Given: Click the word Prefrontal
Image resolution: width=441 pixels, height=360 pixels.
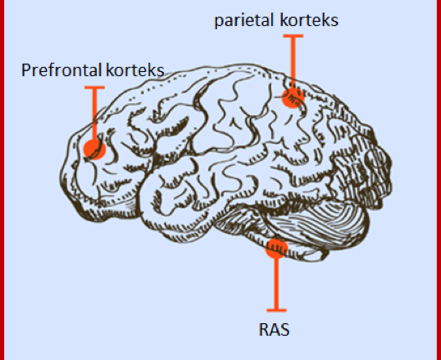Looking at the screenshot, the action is pyautogui.click(x=61, y=69).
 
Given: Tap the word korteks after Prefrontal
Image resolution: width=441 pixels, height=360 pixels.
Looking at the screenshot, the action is pyautogui.click(x=135, y=69).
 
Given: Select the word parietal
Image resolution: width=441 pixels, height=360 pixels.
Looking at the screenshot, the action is pyautogui.click(x=244, y=21).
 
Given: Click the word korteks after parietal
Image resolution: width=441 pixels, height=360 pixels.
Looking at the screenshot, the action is pyautogui.click(x=309, y=20).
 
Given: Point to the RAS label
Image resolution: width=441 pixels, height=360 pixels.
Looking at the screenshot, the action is pyautogui.click(x=274, y=329).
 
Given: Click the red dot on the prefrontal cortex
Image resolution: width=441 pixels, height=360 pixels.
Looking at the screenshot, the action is pyautogui.click(x=95, y=150).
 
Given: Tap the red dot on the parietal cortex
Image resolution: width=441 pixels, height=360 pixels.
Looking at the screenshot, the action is pyautogui.click(x=293, y=98).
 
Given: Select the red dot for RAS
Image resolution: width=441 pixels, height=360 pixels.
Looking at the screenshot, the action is pyautogui.click(x=277, y=249).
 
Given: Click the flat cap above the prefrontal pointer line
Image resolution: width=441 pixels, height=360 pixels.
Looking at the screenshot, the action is pyautogui.click(x=95, y=88).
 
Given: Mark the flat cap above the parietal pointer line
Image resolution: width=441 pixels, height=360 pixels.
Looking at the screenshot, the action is pyautogui.click(x=293, y=36).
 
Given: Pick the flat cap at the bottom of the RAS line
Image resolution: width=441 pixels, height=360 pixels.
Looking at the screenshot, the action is pyautogui.click(x=277, y=311).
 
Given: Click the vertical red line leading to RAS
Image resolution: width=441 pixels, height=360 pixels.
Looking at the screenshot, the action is pyautogui.click(x=277, y=283).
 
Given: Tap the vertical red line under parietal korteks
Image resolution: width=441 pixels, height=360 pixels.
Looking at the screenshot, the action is pyautogui.click(x=293, y=63).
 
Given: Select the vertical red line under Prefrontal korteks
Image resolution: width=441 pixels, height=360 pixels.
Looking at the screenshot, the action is pyautogui.click(x=95, y=114).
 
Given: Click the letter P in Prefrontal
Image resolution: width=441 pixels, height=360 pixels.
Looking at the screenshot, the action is pyautogui.click(x=26, y=69).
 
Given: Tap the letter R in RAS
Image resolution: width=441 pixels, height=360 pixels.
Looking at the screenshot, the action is pyautogui.click(x=264, y=330).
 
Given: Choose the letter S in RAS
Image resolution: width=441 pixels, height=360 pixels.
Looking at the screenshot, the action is pyautogui.click(x=285, y=330).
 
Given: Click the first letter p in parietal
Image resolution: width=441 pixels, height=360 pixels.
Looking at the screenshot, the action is pyautogui.click(x=218, y=23).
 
